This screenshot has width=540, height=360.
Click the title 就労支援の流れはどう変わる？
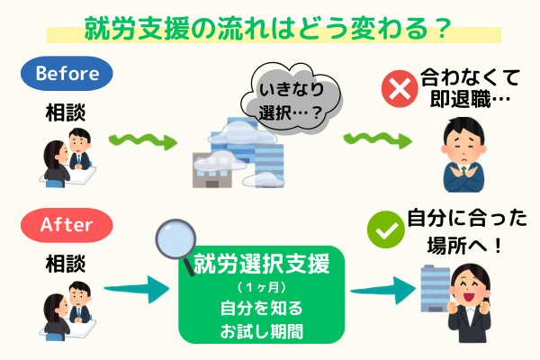pos(267,27)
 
